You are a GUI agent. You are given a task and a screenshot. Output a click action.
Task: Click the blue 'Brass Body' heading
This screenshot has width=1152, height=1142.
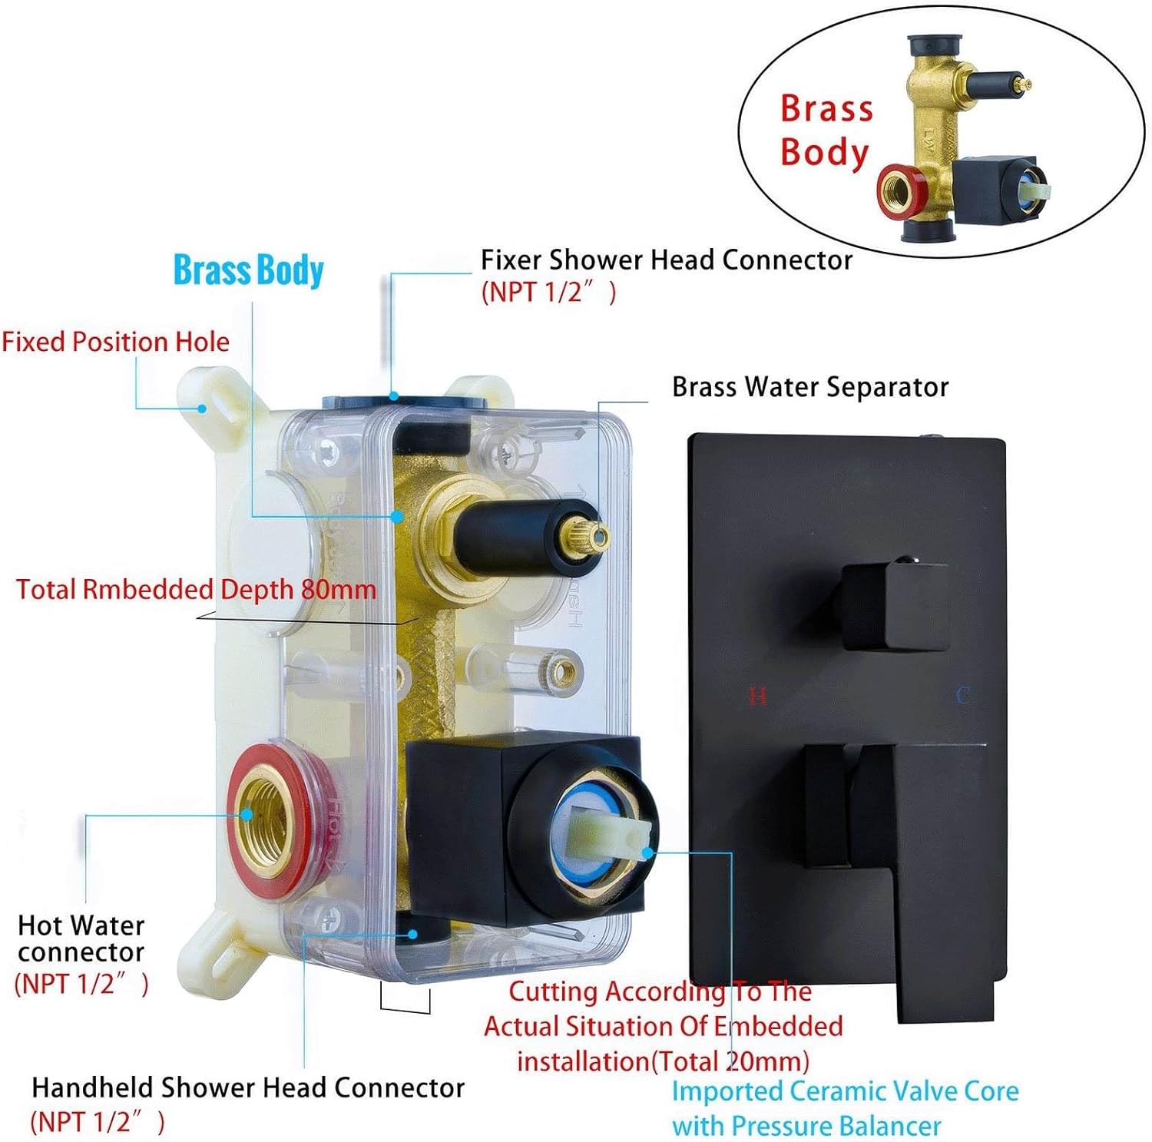(x=248, y=270)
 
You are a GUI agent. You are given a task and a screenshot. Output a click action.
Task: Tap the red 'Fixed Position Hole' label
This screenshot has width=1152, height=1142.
(x=115, y=342)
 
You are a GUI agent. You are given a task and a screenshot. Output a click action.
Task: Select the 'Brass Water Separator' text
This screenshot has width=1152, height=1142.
(x=810, y=387)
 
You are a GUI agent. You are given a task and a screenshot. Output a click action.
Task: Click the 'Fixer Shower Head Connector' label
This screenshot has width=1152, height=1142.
(x=666, y=260)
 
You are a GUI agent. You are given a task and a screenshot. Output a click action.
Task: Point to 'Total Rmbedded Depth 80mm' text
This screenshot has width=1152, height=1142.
(x=196, y=590)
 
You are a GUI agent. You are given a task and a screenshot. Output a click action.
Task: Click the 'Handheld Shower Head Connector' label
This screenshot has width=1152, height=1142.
(x=247, y=1088)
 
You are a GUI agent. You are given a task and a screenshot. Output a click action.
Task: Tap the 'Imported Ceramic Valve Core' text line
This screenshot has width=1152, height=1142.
(x=845, y=1091)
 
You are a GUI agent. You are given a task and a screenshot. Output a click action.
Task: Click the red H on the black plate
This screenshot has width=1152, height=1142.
(x=757, y=696)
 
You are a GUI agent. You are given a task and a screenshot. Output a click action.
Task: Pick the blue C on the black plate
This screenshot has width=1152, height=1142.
(x=962, y=696)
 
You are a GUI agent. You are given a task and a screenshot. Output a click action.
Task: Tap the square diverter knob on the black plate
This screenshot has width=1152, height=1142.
(x=893, y=604)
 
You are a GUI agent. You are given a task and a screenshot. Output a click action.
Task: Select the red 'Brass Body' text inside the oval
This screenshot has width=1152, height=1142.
(x=826, y=130)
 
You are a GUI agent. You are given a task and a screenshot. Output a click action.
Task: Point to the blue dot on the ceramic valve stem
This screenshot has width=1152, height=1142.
(x=647, y=852)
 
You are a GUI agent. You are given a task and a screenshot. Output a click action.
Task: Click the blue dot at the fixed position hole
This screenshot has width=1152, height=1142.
(x=202, y=409)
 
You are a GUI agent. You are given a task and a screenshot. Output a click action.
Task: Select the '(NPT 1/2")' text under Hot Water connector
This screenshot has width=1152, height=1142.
(x=81, y=984)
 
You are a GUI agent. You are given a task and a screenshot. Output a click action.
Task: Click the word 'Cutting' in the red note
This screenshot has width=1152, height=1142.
(x=554, y=991)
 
